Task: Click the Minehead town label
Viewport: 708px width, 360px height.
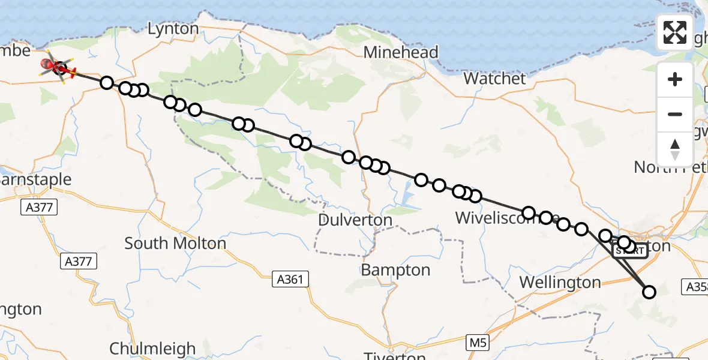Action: pyautogui.click(x=401, y=52)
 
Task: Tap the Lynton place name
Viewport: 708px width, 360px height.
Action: pyautogui.click(x=173, y=29)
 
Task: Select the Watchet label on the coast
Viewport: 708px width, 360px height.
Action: pyautogui.click(x=495, y=78)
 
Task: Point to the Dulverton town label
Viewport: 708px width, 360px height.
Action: pyautogui.click(x=355, y=220)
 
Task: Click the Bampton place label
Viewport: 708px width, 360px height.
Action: pyautogui.click(x=395, y=270)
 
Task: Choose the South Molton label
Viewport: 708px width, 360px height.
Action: pyautogui.click(x=175, y=243)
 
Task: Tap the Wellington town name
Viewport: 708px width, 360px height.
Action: pyautogui.click(x=560, y=282)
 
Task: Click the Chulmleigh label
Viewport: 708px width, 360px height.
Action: pyautogui.click(x=152, y=349)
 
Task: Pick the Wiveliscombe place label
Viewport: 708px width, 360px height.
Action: pyautogui.click(x=508, y=218)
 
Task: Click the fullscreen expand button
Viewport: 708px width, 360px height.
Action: pyautogui.click(x=675, y=32)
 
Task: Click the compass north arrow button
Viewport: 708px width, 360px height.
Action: pyautogui.click(x=675, y=149)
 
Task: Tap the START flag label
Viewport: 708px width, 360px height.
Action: pyautogui.click(x=630, y=251)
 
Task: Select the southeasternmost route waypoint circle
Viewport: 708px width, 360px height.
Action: pyautogui.click(x=649, y=292)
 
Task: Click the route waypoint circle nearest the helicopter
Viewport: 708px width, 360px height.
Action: pyautogui.click(x=106, y=83)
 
